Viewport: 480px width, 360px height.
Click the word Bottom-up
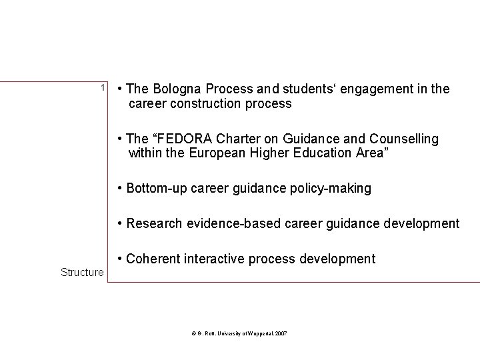coord(156,189)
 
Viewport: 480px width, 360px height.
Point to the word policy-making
coord(331,189)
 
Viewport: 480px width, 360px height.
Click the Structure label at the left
coord(82,272)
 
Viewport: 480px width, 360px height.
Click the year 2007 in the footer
coord(281,333)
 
